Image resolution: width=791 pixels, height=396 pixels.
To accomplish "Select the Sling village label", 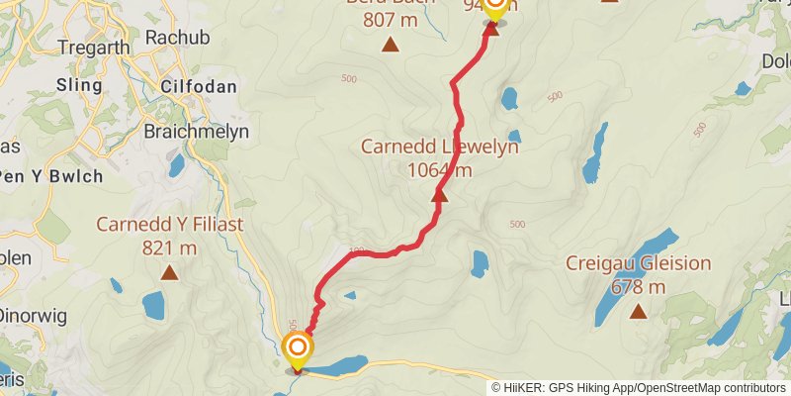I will [x=80, y=86].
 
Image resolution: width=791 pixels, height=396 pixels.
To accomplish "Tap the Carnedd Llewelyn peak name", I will [x=439, y=148].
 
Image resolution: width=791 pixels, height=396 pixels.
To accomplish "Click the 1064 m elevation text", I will [x=439, y=170].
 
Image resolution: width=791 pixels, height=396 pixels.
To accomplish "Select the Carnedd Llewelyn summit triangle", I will [x=440, y=196].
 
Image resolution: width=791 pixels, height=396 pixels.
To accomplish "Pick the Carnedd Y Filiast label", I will [x=169, y=225].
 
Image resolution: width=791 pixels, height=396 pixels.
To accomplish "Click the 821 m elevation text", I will [x=169, y=247].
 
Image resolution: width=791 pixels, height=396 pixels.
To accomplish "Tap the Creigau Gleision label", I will [x=638, y=263].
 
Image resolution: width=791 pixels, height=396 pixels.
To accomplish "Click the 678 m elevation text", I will [x=638, y=287].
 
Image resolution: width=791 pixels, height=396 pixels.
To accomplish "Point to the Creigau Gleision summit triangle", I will [x=638, y=312].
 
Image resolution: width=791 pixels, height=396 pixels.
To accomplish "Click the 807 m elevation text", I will [x=391, y=19].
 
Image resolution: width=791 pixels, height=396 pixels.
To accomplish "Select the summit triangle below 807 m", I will [x=391, y=44].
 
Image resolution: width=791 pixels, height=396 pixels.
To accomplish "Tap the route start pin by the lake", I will [x=298, y=348].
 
